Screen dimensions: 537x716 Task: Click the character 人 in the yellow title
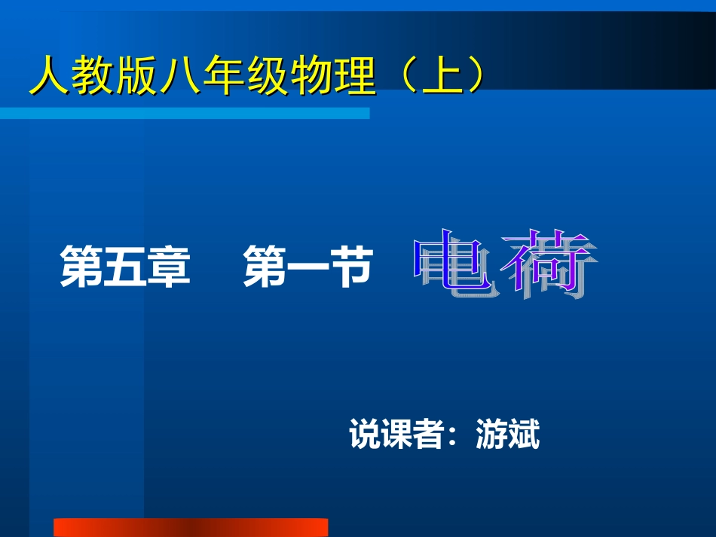tap(47, 75)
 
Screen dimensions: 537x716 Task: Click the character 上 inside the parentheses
tap(440, 75)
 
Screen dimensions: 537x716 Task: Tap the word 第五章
tap(125, 268)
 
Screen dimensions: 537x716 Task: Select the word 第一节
tap(308, 268)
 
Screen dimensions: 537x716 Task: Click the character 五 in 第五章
tap(125, 268)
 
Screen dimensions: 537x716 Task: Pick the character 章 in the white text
tap(169, 268)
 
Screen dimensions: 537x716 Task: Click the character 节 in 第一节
tap(351, 268)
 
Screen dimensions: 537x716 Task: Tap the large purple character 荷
tap(550, 264)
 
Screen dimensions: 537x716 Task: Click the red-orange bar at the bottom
tap(191, 527)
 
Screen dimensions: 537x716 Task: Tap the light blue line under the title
tap(185, 113)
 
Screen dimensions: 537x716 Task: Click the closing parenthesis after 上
tap(473, 75)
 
